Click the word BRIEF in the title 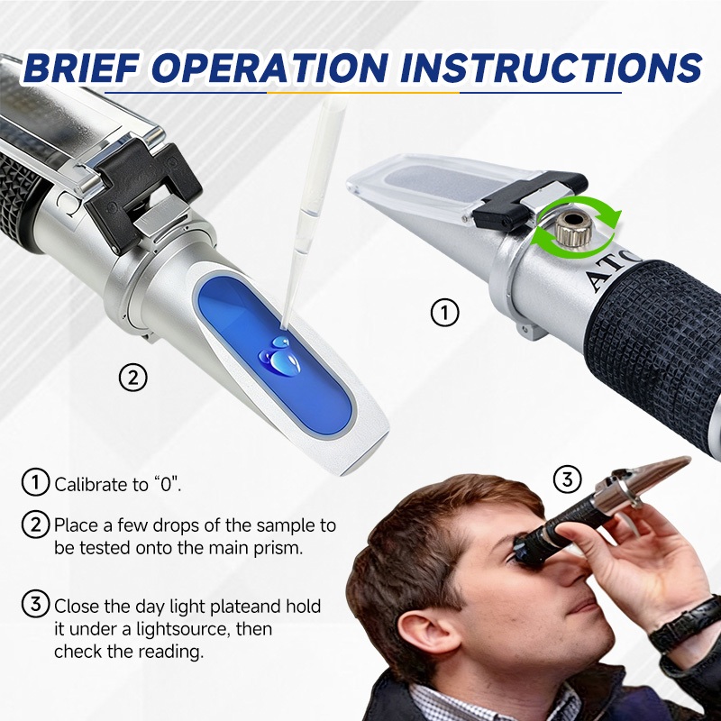click(x=81, y=68)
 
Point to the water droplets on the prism click(x=279, y=356)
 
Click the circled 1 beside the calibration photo click(x=444, y=313)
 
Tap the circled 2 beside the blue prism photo click(x=132, y=378)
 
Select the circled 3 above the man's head click(x=568, y=479)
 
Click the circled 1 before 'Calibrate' click(x=35, y=482)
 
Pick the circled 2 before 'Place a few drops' click(x=35, y=525)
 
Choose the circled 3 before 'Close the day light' click(x=35, y=603)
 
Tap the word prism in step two click(x=277, y=548)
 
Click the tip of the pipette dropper click(x=284, y=327)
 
